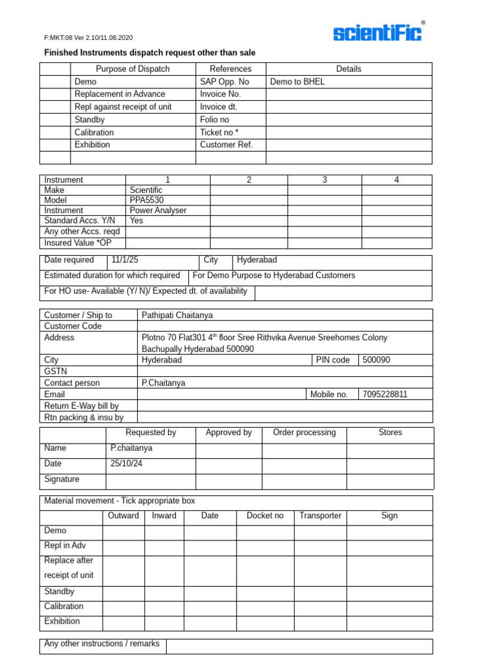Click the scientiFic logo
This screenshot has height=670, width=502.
click(x=378, y=33)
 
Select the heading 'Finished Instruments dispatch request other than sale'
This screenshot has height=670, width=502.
click(x=150, y=52)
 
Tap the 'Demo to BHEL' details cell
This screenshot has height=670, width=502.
click(x=297, y=82)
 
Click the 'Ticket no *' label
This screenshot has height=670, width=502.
click(x=219, y=132)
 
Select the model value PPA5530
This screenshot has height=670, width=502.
click(x=146, y=200)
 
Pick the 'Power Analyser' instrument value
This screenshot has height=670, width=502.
click(x=158, y=210)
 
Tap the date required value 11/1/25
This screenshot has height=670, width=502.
click(x=125, y=260)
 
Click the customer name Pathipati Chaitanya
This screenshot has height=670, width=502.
click(x=177, y=315)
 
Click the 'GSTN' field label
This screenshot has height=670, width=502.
click(x=56, y=371)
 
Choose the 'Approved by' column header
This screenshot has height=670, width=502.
click(x=228, y=432)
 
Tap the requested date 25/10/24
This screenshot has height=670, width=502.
click(x=126, y=463)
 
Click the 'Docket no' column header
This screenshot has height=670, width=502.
click(x=265, y=516)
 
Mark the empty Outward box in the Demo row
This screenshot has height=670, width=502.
click(x=124, y=531)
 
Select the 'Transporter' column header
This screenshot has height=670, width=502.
click(x=320, y=516)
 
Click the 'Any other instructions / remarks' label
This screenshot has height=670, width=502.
click(x=101, y=644)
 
